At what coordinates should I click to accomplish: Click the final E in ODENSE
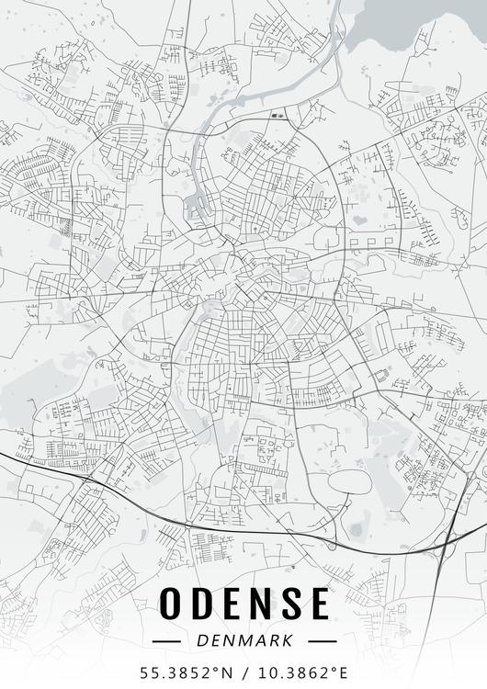click(x=319, y=604)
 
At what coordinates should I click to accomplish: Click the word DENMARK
click(x=244, y=639)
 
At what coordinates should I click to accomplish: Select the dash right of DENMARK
click(x=322, y=639)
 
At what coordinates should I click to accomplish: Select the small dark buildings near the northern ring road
click(x=278, y=116)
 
